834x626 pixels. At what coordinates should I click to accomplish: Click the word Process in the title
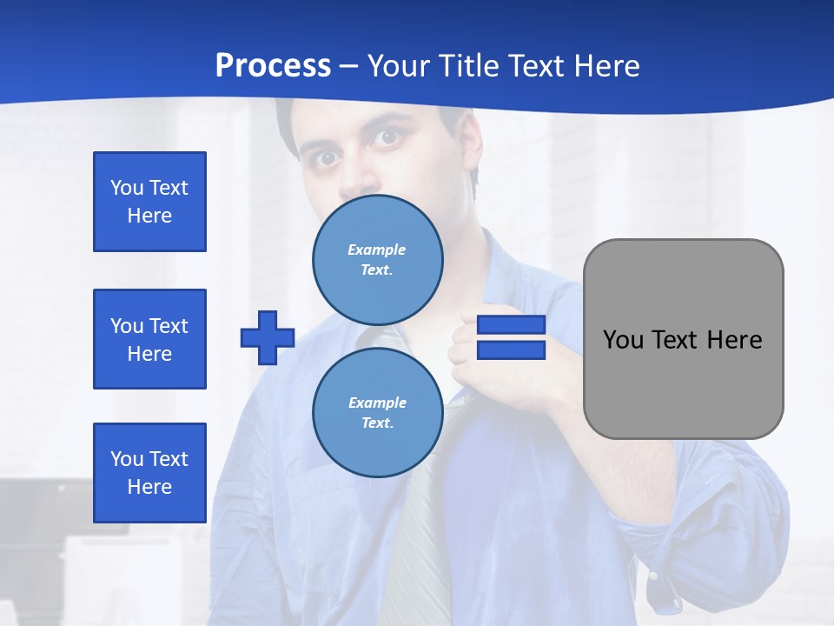[273, 66]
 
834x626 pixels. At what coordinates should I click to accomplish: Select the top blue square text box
[149, 202]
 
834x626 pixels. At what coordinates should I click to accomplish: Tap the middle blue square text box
[149, 339]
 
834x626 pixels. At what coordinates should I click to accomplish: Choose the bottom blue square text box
[149, 472]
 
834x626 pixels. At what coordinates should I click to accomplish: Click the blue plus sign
[268, 337]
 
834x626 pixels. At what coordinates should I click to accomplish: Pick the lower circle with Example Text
[377, 412]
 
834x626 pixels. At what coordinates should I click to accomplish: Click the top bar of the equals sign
[511, 324]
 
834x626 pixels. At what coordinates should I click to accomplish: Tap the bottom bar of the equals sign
[511, 350]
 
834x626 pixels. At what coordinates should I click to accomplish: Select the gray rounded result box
[683, 339]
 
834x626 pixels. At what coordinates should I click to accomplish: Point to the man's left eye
[387, 137]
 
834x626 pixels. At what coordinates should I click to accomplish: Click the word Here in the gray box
[734, 339]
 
